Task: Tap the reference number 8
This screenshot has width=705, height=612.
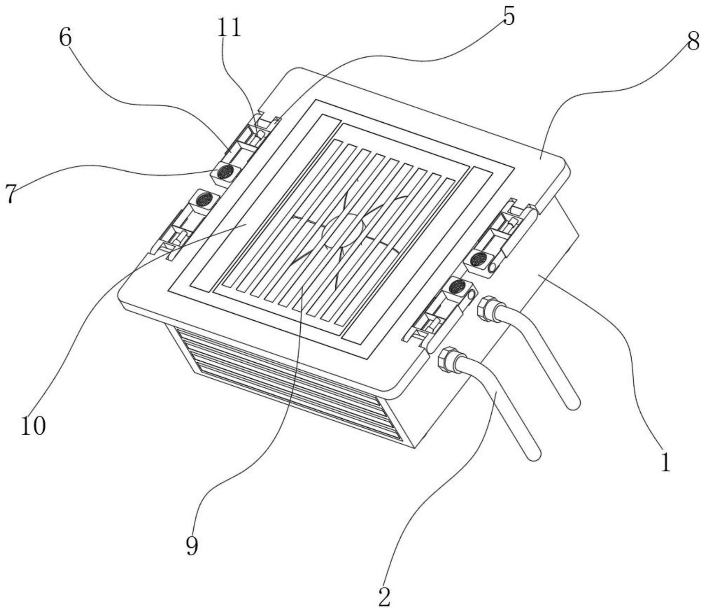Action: tap(692, 41)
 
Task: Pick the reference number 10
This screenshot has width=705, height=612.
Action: tap(33, 426)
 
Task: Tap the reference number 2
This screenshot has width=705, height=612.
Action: tap(385, 597)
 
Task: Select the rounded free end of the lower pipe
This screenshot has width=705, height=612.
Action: tap(534, 454)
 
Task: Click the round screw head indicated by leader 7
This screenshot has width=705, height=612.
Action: tap(225, 171)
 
